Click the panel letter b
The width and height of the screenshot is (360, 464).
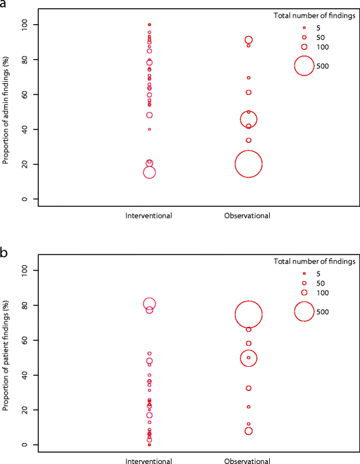[4, 252]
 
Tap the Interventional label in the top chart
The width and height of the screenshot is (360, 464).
[149, 216]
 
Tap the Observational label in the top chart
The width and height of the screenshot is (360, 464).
[248, 216]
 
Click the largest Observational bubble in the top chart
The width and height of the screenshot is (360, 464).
[248, 164]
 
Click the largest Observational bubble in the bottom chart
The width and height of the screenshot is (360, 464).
[248, 314]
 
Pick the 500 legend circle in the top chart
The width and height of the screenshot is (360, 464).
[304, 65]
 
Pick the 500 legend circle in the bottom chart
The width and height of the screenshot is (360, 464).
[304, 312]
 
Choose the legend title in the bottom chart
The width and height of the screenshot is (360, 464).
[314, 261]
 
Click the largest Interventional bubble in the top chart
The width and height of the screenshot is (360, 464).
[149, 172]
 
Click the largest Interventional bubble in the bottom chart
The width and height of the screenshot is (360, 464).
[149, 304]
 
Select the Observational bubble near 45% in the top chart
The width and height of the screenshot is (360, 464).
[248, 119]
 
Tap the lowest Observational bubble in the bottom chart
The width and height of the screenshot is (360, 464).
[248, 431]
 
